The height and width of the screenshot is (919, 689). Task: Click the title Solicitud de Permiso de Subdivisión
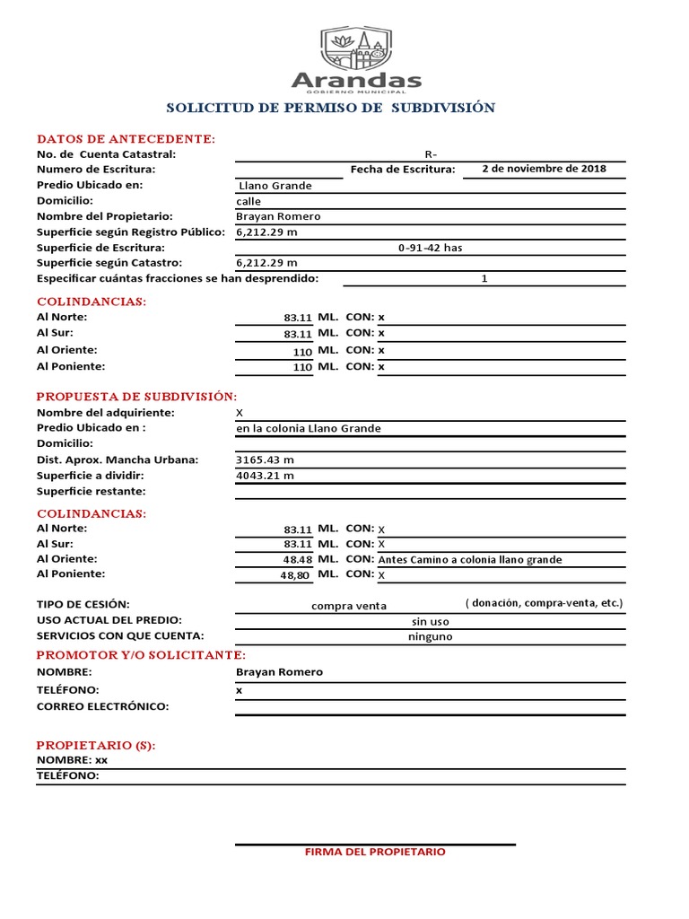click(x=330, y=108)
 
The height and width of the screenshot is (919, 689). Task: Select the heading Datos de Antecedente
click(x=126, y=139)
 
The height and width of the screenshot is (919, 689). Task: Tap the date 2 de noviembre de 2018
click(x=544, y=169)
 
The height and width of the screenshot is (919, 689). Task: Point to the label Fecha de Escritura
click(x=402, y=170)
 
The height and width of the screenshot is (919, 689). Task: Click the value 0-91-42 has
click(x=430, y=248)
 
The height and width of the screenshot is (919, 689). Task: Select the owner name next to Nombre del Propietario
click(x=278, y=216)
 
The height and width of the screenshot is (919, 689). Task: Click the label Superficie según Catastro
click(x=109, y=263)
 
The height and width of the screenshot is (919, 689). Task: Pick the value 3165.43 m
click(x=265, y=459)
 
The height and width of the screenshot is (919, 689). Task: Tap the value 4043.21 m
click(x=265, y=476)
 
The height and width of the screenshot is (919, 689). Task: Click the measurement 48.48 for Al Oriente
click(x=297, y=559)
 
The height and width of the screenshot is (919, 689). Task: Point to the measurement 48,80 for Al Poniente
click(x=296, y=575)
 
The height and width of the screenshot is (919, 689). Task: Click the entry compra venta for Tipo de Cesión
click(x=349, y=606)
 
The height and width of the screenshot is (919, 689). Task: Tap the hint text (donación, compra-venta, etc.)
click(x=544, y=603)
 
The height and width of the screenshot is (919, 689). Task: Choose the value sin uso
click(x=430, y=621)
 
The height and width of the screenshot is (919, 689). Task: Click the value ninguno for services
click(x=430, y=637)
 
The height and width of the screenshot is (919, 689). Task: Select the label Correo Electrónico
click(x=102, y=706)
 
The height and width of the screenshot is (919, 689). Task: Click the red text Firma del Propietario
click(x=375, y=852)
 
